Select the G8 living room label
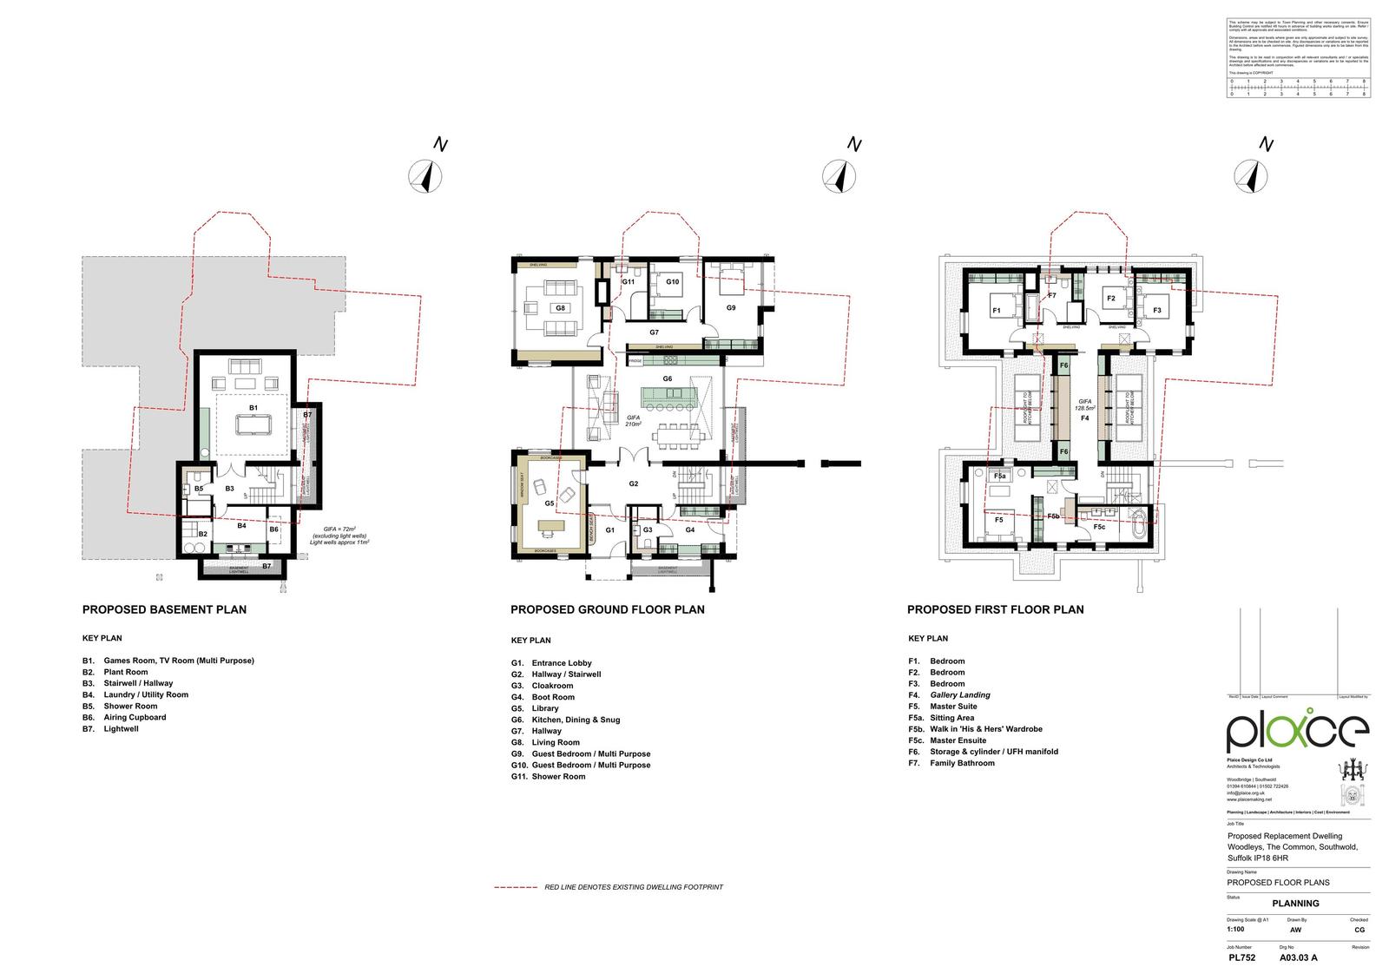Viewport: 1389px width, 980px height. coord(561,308)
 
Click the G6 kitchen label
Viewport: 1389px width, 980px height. coord(668,378)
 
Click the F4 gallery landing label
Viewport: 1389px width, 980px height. coord(1084,418)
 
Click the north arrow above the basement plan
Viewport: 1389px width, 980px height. coord(425,177)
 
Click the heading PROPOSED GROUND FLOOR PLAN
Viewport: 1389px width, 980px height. coord(607,609)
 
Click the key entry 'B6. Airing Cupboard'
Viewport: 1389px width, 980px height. coord(124,718)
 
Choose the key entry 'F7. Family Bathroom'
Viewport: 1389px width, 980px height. coord(951,763)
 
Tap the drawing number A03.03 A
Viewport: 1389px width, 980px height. coord(1299,958)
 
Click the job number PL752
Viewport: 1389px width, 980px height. coord(1241,958)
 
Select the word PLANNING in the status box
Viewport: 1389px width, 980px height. coord(1295,904)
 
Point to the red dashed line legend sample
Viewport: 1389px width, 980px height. coord(516,887)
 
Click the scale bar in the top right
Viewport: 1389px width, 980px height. coord(1297,88)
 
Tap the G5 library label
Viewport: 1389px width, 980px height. coord(550,503)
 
